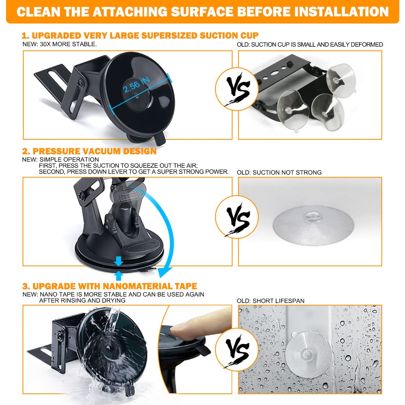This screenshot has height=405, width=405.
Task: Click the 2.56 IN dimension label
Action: (136, 85)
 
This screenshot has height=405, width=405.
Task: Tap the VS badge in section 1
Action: (237, 89)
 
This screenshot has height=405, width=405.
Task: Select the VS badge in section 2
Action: (237, 217)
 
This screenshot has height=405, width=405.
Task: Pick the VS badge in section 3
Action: (237, 350)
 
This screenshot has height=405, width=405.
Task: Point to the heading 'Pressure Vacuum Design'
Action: (90, 151)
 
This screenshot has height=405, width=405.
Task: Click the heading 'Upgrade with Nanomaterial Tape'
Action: (109, 286)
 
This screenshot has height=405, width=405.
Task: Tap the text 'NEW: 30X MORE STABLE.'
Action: (60, 44)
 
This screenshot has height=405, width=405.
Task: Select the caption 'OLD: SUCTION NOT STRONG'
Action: (279, 172)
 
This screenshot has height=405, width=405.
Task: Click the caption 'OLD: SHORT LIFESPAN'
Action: (271, 301)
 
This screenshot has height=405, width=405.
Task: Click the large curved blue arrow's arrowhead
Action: (165, 272)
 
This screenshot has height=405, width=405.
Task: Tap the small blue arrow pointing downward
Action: (119, 261)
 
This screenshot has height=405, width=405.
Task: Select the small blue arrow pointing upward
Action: (119, 275)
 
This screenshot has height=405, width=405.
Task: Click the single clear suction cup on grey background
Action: (313, 225)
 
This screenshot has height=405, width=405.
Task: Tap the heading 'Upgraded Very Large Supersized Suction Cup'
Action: (140, 35)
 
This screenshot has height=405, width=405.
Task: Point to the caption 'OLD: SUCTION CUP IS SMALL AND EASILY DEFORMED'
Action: (310, 45)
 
